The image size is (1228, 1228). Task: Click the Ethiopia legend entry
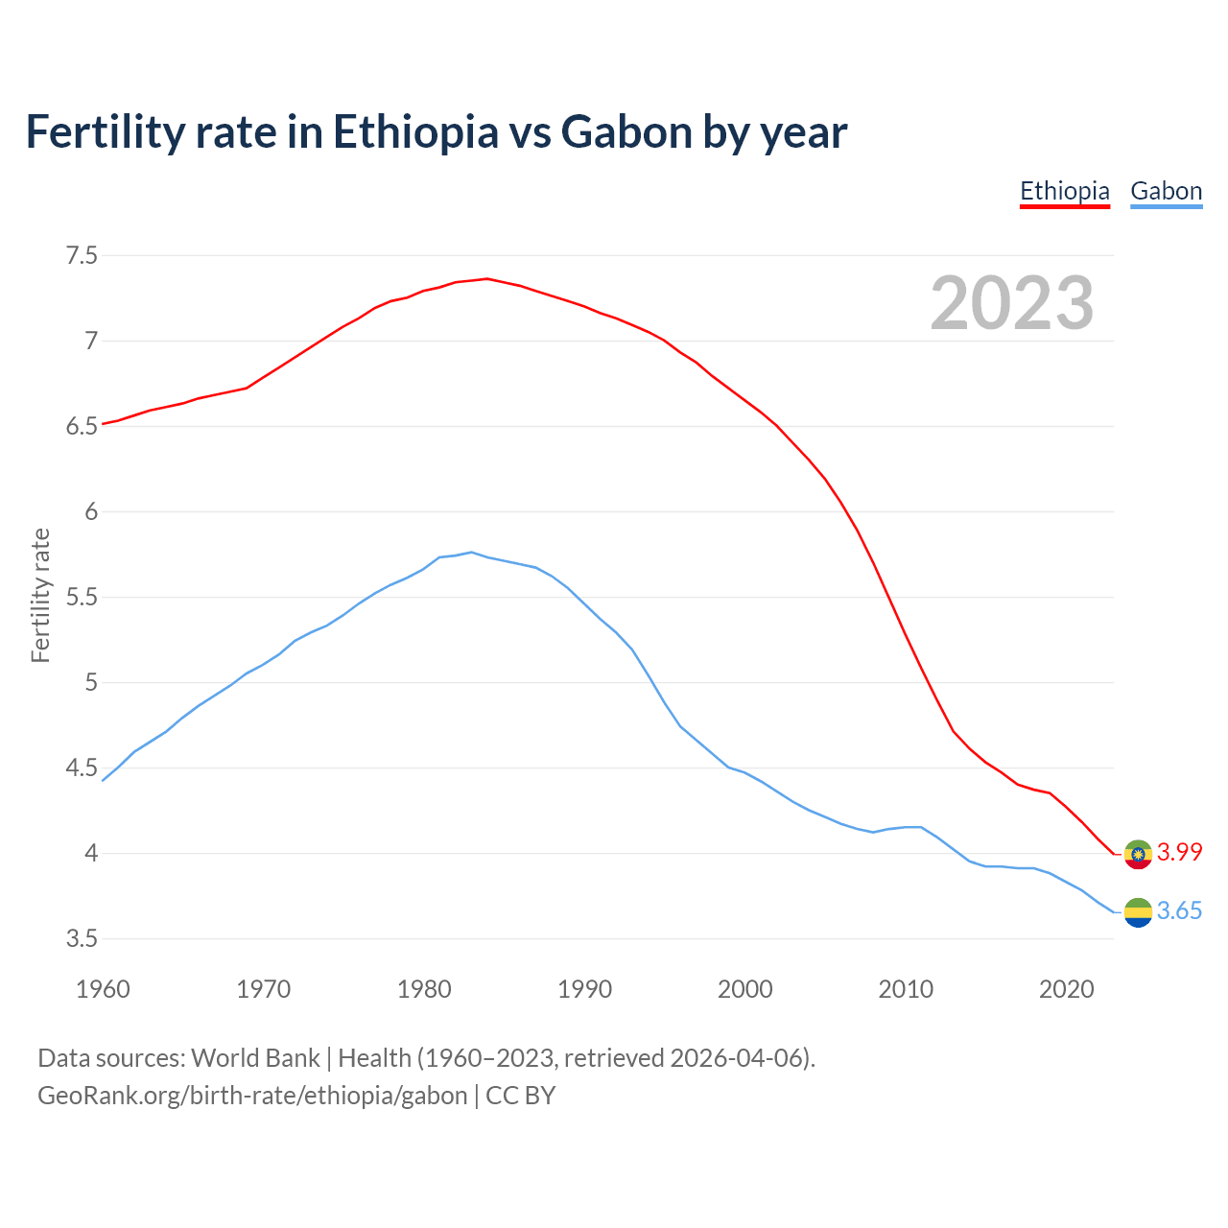coord(1064,191)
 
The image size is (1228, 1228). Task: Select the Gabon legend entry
coord(1166,191)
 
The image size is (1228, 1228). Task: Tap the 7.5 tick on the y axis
coord(82,255)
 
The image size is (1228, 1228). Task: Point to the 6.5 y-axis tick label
coord(82,426)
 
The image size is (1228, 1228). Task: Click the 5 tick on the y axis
coord(91,683)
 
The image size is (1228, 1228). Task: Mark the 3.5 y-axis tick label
coord(82,938)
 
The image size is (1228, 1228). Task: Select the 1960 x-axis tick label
coord(103,989)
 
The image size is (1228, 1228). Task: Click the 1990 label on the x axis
coord(584,989)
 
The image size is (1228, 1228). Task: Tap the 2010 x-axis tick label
coord(906,989)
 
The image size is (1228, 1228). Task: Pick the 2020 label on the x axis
coord(1066,989)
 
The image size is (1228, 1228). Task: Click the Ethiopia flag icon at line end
coord(1138,853)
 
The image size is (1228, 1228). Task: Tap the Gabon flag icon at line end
coord(1138,912)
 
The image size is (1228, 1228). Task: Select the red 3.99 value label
coord(1179,852)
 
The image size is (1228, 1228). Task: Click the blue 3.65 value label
coord(1179,911)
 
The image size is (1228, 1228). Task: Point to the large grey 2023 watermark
coord(1012,303)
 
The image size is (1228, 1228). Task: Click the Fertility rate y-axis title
coord(40,595)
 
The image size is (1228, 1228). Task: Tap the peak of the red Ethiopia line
coord(487,278)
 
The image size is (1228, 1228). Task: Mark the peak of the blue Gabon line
coord(471,552)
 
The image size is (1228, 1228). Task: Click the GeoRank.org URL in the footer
coord(252,1095)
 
